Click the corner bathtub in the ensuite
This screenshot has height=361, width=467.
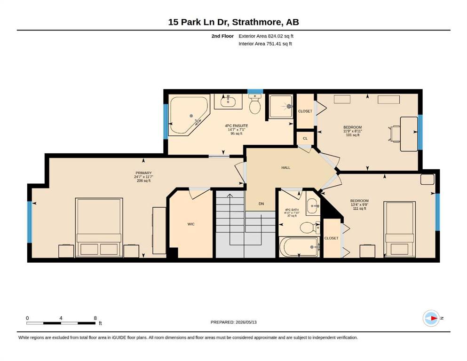188,115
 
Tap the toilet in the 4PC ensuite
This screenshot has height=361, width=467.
255,104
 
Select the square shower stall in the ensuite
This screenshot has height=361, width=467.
281,107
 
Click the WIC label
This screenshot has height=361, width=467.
191,224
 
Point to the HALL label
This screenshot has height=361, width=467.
285,167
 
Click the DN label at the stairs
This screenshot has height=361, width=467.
261,204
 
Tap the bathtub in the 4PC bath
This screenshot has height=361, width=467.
299,247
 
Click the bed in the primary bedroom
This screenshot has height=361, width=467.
99,228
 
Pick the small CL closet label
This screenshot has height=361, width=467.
305,138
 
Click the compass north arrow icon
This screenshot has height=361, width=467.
431,318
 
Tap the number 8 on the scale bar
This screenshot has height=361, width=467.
95,318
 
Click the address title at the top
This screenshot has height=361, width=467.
233,22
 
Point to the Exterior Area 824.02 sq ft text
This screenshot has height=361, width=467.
266,36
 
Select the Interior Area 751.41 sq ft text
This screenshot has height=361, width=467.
265,44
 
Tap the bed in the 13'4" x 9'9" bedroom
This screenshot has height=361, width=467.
399,229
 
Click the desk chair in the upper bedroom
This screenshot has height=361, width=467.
395,134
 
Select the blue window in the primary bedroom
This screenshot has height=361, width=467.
30,222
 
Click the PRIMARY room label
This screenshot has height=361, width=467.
143,173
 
